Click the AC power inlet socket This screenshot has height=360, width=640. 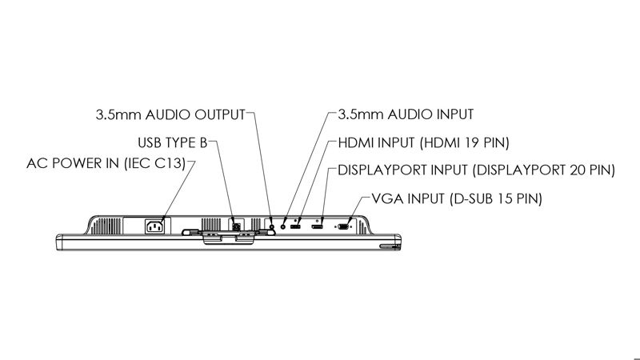(x=155, y=226)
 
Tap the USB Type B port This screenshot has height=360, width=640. (x=236, y=225)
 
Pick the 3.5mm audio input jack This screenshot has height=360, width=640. (x=283, y=225)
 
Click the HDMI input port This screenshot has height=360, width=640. (x=295, y=226)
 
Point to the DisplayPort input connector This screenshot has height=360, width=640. (x=317, y=226)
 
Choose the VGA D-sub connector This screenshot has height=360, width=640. (x=343, y=226)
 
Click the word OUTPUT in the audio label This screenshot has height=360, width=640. (x=219, y=114)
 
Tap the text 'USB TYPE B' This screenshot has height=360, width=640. (x=173, y=143)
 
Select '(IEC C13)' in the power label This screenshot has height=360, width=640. (x=154, y=163)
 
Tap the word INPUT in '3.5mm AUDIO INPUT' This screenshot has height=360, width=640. (x=455, y=114)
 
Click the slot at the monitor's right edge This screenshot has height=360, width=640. (x=390, y=246)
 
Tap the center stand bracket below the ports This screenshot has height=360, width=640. (x=229, y=237)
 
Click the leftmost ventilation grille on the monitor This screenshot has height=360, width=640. (x=106, y=226)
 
